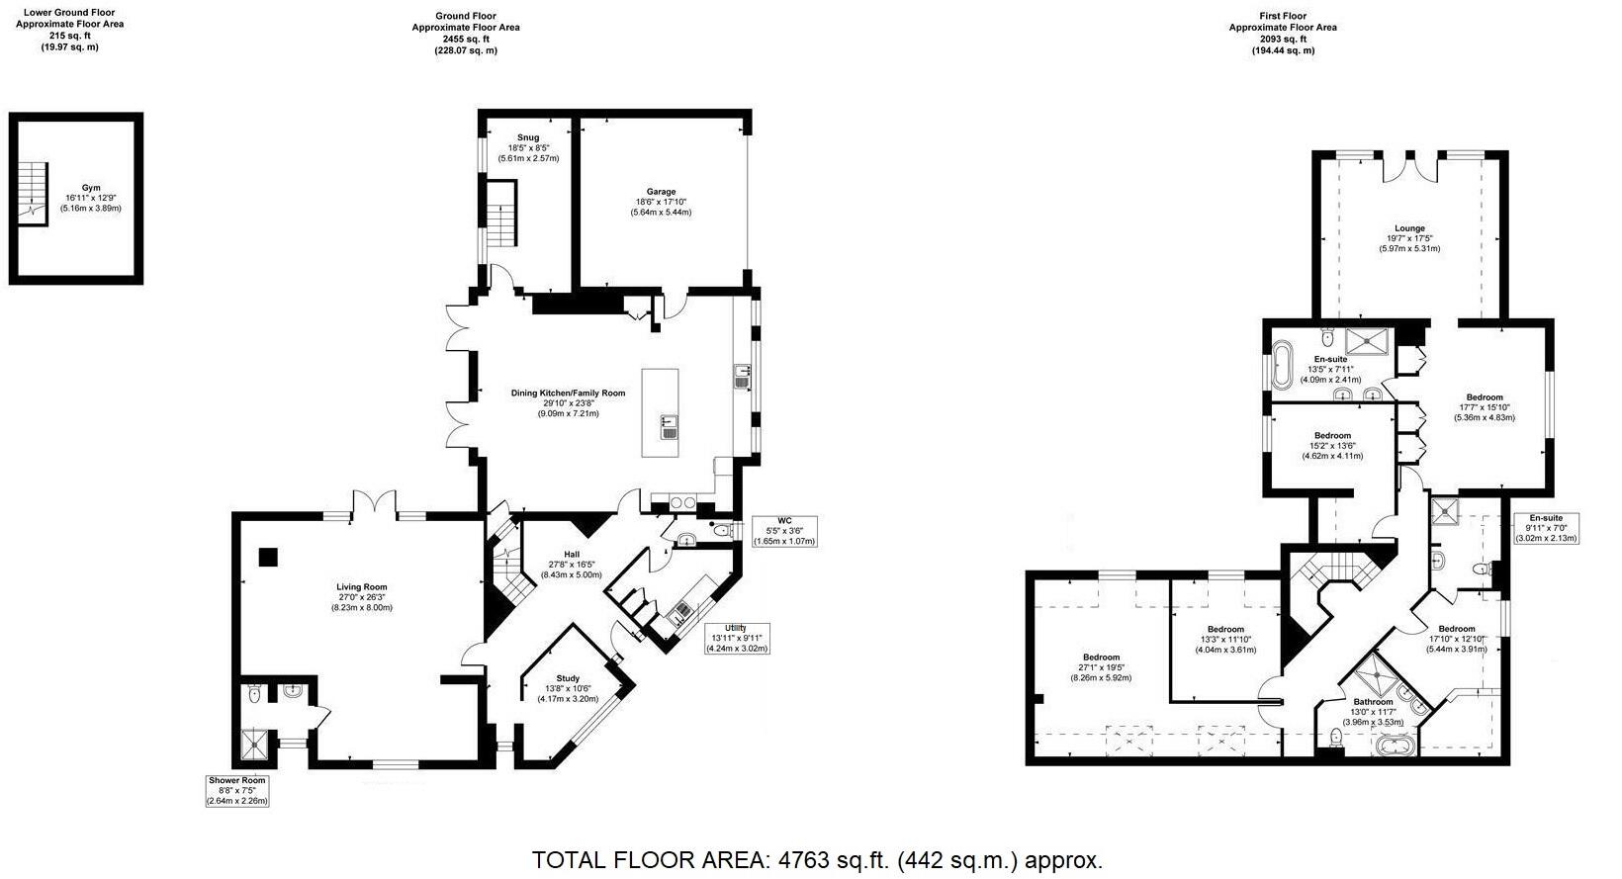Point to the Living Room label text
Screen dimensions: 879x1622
[361, 587]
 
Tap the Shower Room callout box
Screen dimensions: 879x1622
[237, 790]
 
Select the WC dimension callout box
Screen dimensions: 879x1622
[785, 530]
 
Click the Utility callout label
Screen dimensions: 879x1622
[737, 638]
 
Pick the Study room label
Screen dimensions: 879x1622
[568, 678]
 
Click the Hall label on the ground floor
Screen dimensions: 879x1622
[572, 555]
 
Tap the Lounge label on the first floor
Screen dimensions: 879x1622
[1409, 228]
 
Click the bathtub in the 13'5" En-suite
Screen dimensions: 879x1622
[1284, 367]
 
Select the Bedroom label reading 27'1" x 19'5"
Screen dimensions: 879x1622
[1101, 658]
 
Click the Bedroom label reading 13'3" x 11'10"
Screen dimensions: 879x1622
[1225, 630]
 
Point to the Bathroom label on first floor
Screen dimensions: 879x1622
[1373, 702]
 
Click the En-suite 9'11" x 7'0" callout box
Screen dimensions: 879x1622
[1546, 527]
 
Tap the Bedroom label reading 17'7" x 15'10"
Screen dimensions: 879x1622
[1485, 397]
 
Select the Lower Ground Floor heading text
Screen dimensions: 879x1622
[70, 14]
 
